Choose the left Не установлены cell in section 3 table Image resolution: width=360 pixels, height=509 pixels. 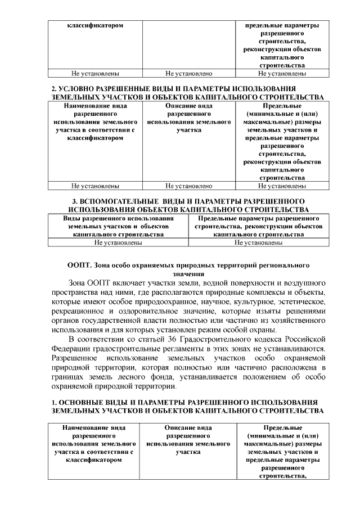coord(118,242)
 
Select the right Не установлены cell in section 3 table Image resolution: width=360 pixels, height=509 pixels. coord(258,242)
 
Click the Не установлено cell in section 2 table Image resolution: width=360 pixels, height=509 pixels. coord(188,186)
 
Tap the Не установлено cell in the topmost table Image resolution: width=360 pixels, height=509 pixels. coord(188,73)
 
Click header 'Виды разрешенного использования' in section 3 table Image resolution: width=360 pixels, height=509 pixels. coord(118,218)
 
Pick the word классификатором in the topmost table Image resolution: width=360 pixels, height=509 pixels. coord(95,25)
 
